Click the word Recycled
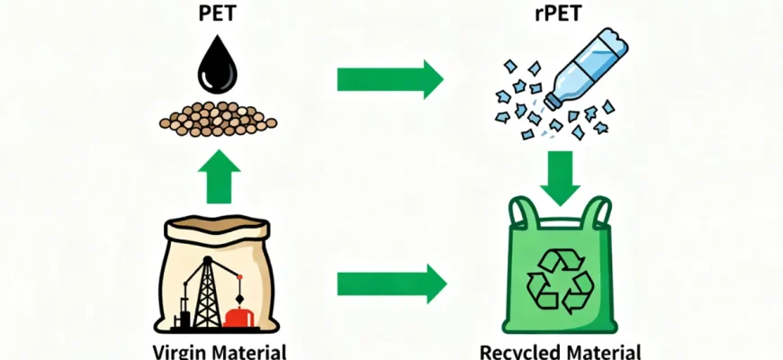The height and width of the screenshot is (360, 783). [517, 351]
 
